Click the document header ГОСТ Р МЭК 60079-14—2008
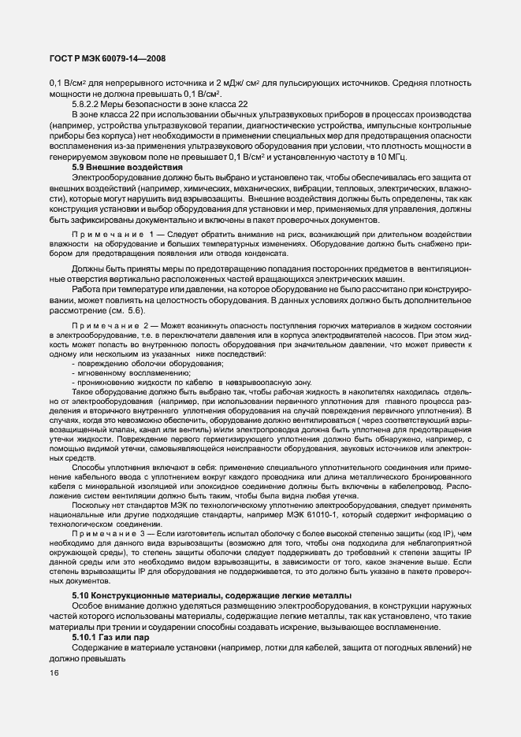[106, 57]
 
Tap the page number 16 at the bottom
[54, 672]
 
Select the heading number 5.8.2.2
[87, 105]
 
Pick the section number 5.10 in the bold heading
[81, 594]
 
